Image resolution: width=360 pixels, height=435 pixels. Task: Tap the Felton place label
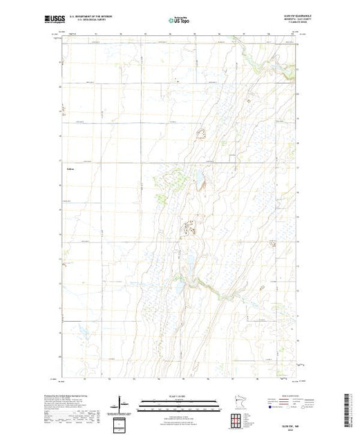[x=69, y=168]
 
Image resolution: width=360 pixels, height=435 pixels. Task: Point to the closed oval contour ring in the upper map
[x=202, y=131]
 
